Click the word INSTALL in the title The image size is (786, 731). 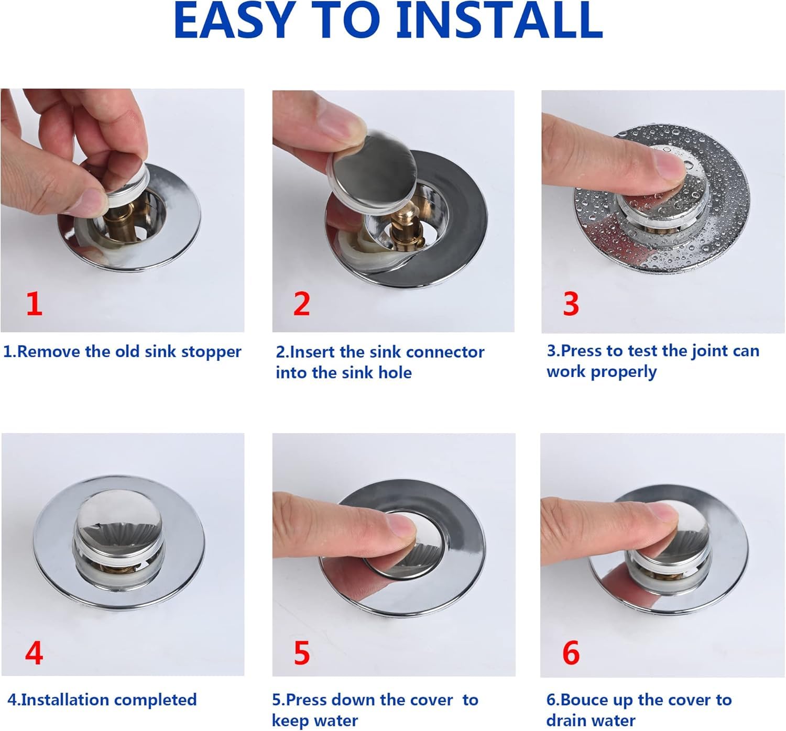(x=499, y=21)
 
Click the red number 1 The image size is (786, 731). (x=34, y=304)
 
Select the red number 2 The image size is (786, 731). (x=302, y=304)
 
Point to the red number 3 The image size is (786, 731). (x=571, y=304)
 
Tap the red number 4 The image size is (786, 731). (x=34, y=653)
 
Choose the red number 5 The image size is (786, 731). (x=302, y=653)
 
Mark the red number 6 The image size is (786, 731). (x=571, y=653)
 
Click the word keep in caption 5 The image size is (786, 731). (x=288, y=721)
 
